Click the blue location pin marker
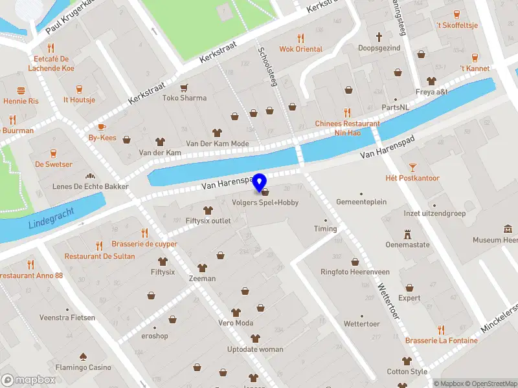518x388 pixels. (x=260, y=182)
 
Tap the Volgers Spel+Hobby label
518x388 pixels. (x=265, y=202)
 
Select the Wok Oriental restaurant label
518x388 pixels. (x=300, y=49)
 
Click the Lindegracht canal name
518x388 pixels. (x=51, y=219)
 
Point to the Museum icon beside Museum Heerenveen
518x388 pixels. (x=508, y=229)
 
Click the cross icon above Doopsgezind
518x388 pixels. (x=379, y=37)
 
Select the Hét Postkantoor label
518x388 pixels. (x=412, y=178)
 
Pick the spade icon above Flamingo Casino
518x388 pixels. (x=83, y=356)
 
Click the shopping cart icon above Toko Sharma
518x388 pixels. (x=185, y=87)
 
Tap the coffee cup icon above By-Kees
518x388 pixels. (x=102, y=127)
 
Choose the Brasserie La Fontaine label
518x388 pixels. (x=441, y=341)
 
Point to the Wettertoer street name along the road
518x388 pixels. (x=387, y=300)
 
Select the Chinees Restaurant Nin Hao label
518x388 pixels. (x=347, y=127)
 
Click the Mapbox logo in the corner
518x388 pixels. (x=28, y=380)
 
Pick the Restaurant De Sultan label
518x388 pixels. (x=100, y=256)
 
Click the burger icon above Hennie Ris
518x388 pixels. (x=21, y=91)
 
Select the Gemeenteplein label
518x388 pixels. (x=361, y=202)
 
